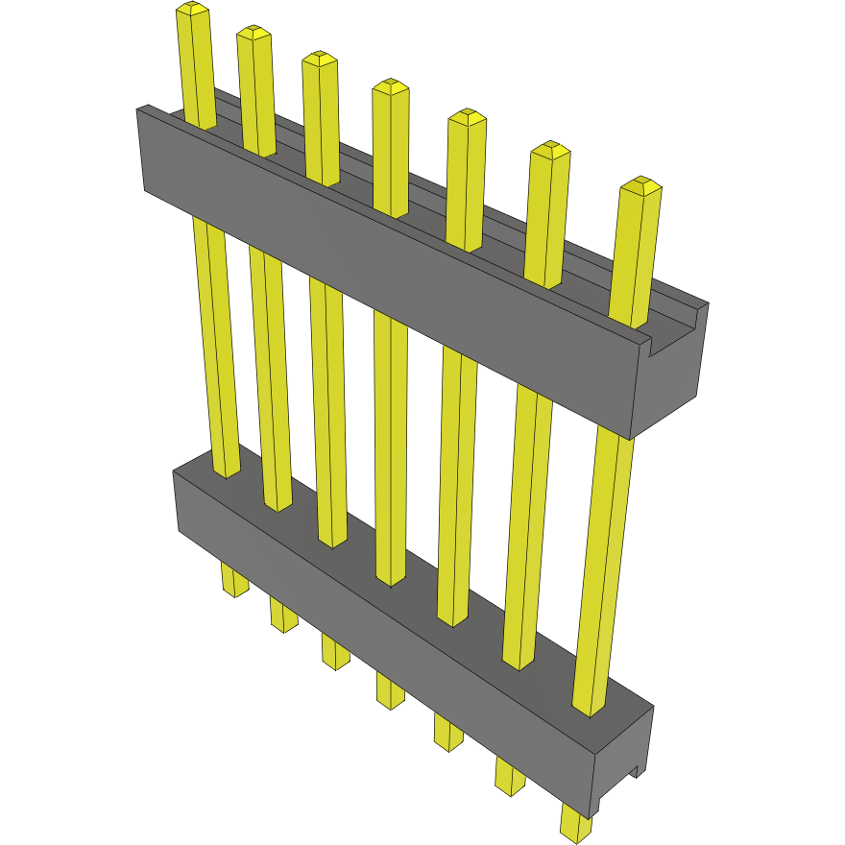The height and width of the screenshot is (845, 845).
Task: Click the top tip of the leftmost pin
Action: click(193, 10)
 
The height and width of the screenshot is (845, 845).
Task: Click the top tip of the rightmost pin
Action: click(641, 185)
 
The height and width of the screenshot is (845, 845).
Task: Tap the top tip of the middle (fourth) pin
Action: click(391, 87)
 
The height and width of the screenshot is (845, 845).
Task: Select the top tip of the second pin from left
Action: click(253, 34)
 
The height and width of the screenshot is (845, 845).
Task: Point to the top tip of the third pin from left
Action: click(320, 59)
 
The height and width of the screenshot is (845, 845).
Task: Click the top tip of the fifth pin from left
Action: click(467, 117)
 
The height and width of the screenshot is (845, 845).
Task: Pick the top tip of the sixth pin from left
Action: click(550, 150)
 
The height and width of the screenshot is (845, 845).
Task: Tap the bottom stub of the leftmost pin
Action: click(234, 581)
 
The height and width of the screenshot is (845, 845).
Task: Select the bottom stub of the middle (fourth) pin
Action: click(390, 691)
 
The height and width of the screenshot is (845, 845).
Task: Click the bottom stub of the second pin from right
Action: click(511, 776)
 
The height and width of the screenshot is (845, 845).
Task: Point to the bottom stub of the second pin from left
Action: click(283, 616)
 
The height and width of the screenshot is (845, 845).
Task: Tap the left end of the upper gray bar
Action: click(142, 149)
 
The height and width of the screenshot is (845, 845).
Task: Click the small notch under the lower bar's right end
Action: click(635, 768)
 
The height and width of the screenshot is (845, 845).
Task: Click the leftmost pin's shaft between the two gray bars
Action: click(215, 346)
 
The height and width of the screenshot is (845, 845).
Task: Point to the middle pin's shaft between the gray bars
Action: click(390, 451)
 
